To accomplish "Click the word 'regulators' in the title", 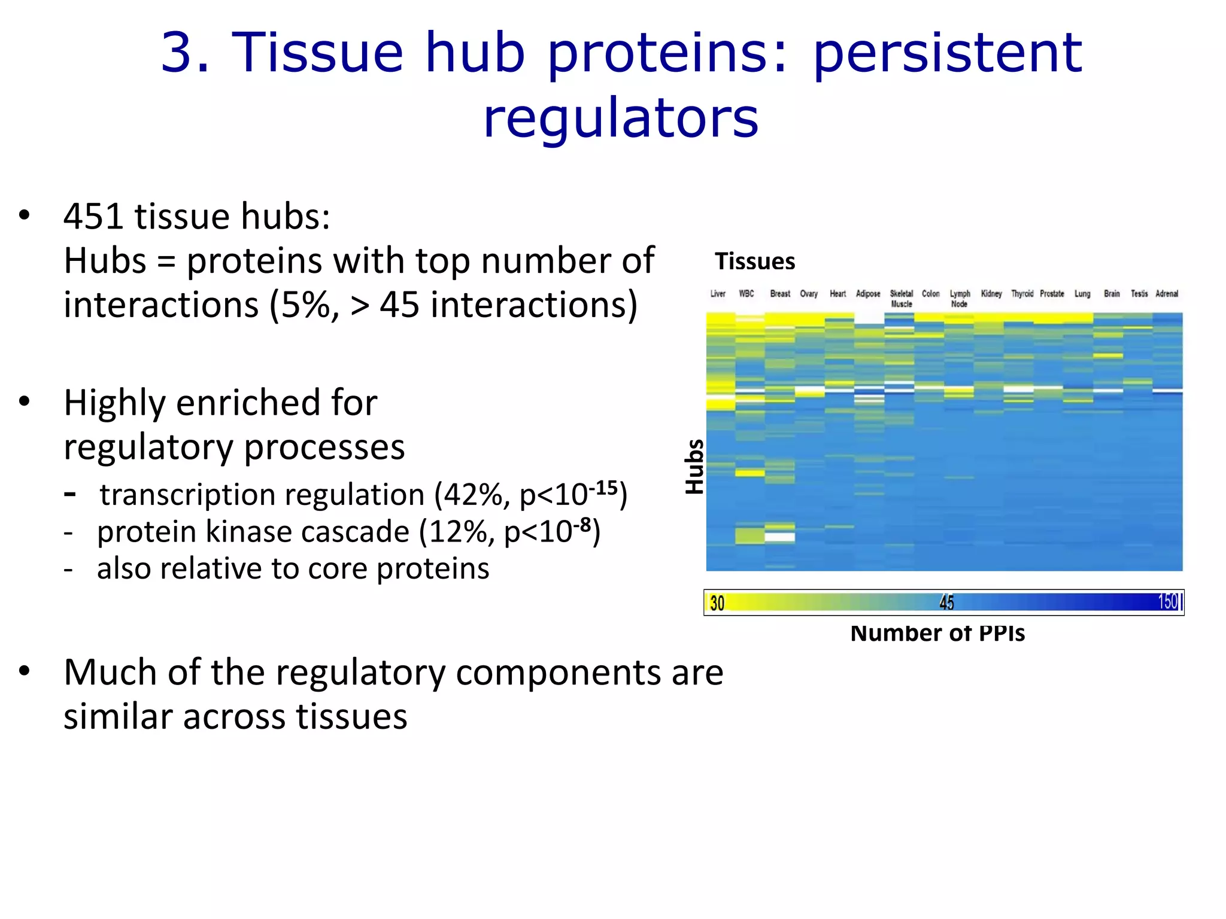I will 621,118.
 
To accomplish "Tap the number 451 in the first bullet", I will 95,216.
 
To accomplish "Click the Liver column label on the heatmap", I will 718,294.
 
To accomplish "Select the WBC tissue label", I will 746,294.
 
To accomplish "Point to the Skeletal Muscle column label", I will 901,299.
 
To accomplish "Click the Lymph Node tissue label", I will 960,299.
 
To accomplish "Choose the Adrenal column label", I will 1167,294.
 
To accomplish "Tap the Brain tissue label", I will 1112,294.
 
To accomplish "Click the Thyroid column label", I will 1022,294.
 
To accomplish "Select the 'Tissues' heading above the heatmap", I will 755,261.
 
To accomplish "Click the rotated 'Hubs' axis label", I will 694,467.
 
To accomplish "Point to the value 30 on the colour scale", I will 717,602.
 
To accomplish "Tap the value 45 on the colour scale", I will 946,602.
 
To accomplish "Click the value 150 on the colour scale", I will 1168,601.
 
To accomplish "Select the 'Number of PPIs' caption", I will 937,633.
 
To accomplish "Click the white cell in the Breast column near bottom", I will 779,537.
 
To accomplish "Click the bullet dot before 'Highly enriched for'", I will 24,402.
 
